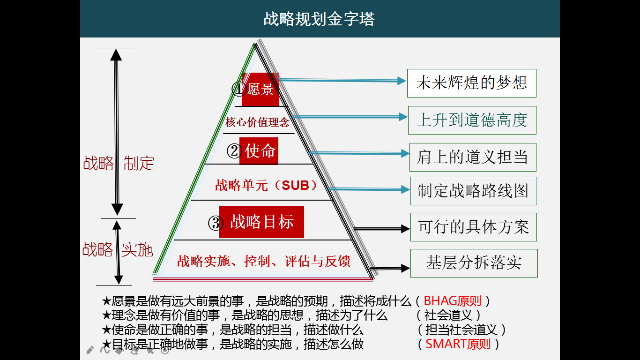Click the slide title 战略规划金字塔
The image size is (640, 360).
tap(319, 19)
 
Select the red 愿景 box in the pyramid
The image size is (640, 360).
tap(260, 89)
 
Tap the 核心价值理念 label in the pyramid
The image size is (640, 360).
tap(258, 123)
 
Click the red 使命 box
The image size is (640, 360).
tap(259, 151)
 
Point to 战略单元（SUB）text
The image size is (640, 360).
tap(266, 185)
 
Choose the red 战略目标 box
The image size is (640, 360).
tap(261, 222)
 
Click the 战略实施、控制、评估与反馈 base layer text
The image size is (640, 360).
tap(264, 261)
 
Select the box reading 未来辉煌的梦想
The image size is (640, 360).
tap(471, 83)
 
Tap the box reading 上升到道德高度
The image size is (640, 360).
tap(472, 120)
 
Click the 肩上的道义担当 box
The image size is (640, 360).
tap(472, 157)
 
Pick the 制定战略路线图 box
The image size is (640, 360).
tap(473, 191)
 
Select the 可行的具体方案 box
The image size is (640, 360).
tap(473, 227)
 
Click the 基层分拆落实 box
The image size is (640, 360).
tap(474, 263)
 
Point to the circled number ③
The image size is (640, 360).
tap(215, 223)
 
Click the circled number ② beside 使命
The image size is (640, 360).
tap(234, 151)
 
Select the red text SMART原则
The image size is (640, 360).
tap(458, 345)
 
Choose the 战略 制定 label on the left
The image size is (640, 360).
tap(119, 164)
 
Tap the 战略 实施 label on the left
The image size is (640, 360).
tap(118, 250)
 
